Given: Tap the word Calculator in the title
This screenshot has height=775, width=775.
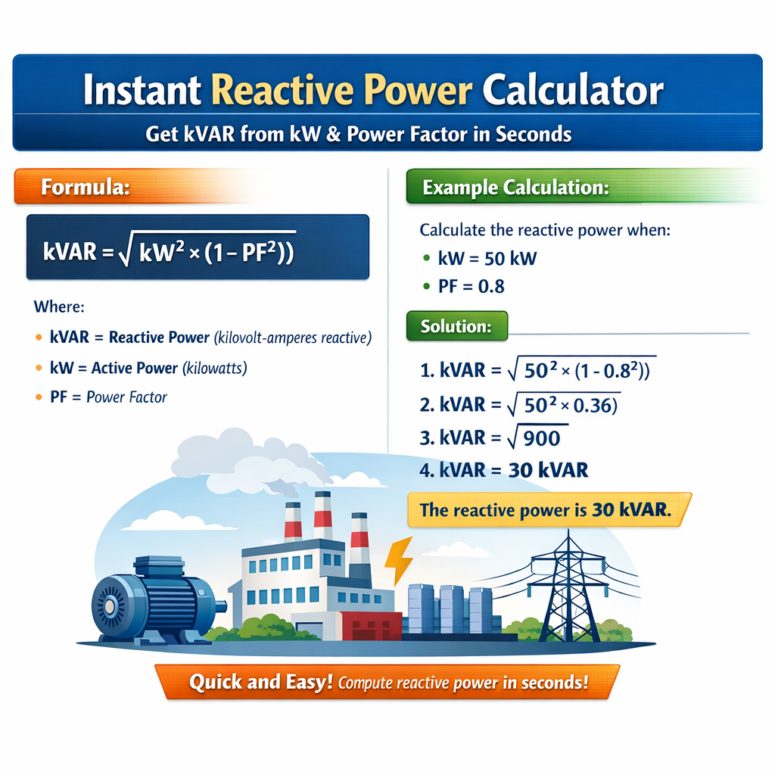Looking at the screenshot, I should tap(572, 91).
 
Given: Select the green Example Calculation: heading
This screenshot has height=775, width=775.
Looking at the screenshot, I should tap(515, 188).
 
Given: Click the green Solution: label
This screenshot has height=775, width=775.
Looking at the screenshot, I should tap(456, 327).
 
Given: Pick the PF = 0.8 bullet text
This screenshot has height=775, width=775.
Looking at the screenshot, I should tap(471, 286).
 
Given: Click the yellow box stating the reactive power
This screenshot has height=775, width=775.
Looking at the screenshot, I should tap(545, 509).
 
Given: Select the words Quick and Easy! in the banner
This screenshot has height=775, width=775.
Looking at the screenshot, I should tap(260, 682).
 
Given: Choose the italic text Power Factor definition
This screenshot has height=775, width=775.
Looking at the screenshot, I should tap(126, 397).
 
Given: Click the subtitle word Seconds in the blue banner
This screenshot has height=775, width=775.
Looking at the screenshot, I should tap(534, 135).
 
